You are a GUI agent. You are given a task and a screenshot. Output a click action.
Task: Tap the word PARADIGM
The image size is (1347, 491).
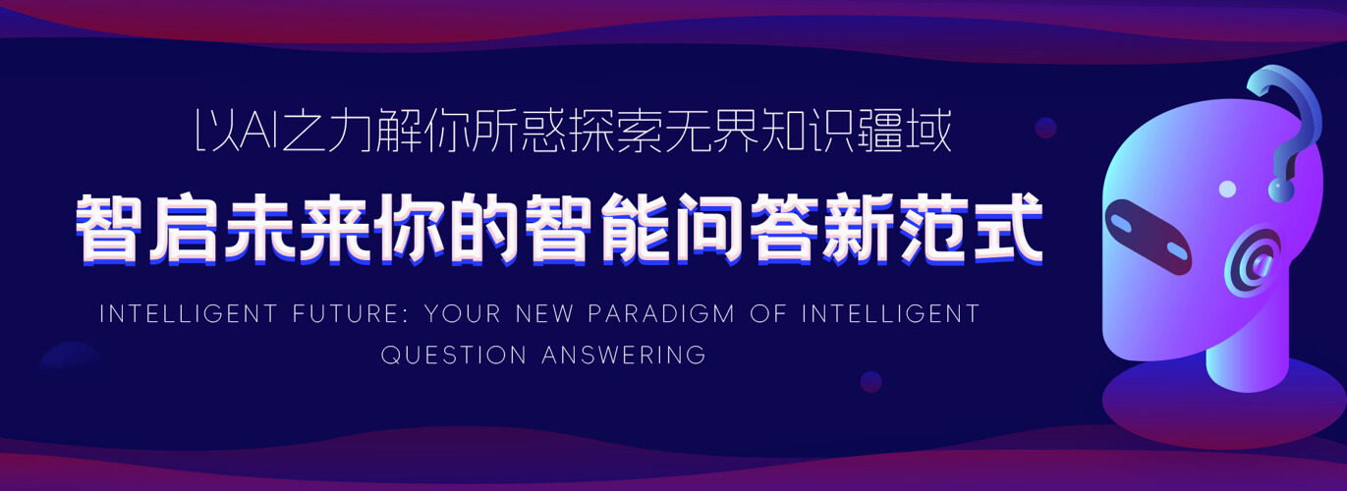click(x=661, y=313)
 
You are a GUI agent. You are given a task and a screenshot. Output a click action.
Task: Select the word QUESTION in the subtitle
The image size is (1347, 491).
click(x=454, y=355)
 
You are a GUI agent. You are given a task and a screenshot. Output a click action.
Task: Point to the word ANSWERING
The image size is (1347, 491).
click(x=624, y=355)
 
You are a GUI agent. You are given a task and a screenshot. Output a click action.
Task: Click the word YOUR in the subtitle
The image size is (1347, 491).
click(x=463, y=313)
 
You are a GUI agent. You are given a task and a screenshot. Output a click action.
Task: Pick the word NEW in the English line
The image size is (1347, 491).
click(x=545, y=313)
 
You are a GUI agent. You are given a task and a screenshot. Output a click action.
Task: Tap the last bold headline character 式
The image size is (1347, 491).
click(x=1008, y=229)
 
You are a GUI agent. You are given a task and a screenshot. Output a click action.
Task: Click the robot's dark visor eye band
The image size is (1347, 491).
click(x=1148, y=237)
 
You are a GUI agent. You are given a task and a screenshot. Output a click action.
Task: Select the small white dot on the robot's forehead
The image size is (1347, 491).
click(x=1227, y=190)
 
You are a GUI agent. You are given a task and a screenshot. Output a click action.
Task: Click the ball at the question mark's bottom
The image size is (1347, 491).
click(x=1281, y=190)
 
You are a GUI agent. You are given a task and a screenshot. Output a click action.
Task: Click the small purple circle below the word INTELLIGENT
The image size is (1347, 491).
click(x=871, y=381)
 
